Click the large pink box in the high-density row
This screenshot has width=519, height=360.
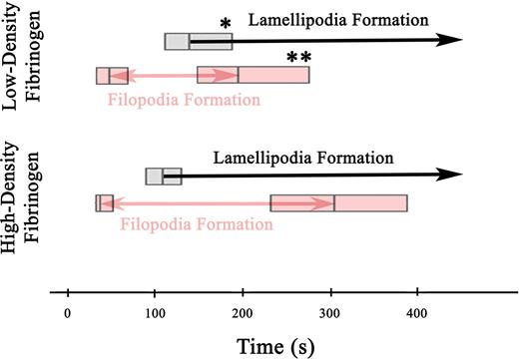point(338,202)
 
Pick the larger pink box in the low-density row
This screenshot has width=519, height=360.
point(253,75)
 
